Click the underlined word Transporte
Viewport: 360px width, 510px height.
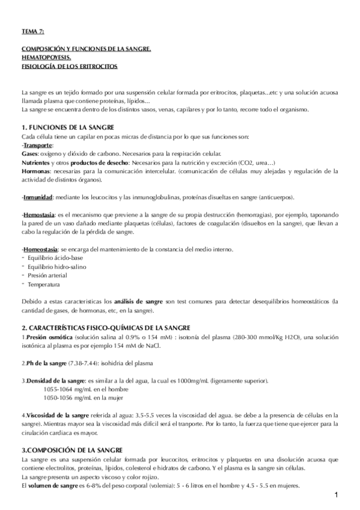pyautogui.click(x=38, y=146)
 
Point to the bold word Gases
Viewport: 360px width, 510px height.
pyautogui.click(x=30, y=154)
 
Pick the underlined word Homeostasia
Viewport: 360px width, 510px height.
pyautogui.click(x=41, y=250)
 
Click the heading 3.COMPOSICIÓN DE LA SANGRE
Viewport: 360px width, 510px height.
pyautogui.click(x=72, y=450)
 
